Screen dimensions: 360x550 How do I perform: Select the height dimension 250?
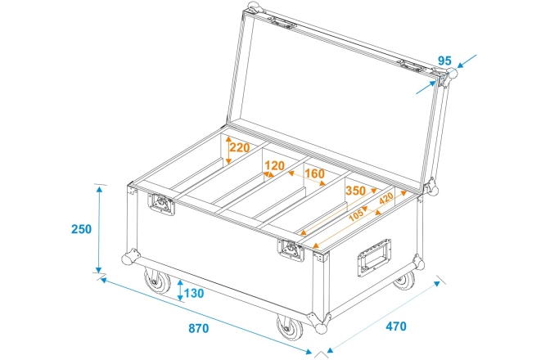click(x=81, y=230)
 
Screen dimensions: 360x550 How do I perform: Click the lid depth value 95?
click(x=445, y=60)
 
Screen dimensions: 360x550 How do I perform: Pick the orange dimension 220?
click(x=239, y=148)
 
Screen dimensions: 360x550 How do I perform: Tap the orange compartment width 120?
click(x=274, y=166)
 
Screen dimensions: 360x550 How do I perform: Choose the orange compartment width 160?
click(x=315, y=174)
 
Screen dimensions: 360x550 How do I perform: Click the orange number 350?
click(x=355, y=191)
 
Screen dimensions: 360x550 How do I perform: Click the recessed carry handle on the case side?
click(x=373, y=260)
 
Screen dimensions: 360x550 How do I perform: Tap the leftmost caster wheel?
click(x=156, y=285)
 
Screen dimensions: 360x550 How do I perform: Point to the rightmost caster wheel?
click(x=404, y=280)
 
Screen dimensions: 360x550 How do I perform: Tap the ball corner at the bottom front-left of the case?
click(x=128, y=259)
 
